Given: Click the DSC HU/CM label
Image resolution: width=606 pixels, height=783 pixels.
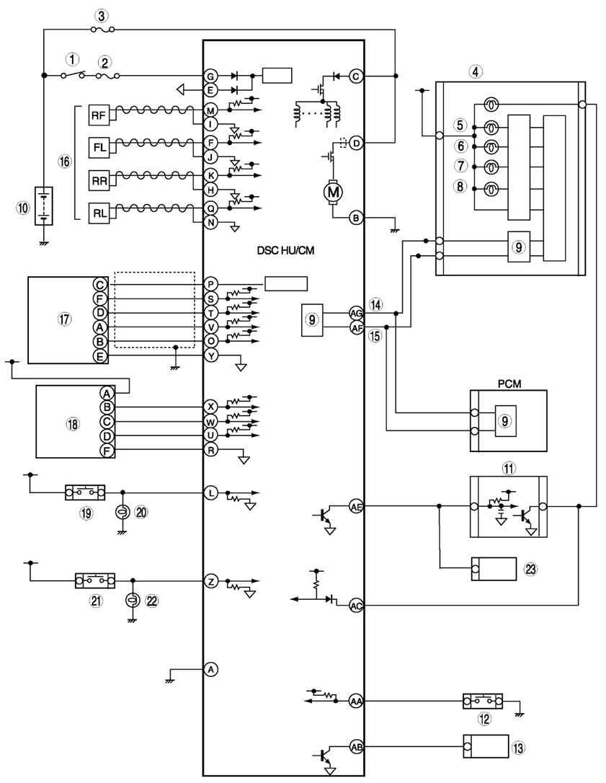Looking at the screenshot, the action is (x=285, y=250).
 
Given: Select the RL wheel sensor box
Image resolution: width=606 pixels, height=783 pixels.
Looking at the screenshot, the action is (x=99, y=213).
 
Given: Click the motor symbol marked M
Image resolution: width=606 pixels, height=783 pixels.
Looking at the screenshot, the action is (x=333, y=192).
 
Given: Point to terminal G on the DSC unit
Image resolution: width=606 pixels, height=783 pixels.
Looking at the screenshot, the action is (x=210, y=76).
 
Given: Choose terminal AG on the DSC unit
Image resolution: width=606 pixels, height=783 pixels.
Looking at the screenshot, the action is (x=357, y=313).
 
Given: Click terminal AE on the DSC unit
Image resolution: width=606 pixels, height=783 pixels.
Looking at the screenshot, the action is (x=357, y=505).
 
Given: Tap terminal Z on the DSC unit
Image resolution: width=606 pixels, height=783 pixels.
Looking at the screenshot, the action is (x=211, y=580).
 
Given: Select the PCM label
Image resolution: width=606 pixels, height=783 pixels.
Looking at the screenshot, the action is (x=509, y=384).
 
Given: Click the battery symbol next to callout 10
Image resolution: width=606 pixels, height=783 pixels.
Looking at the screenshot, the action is (x=43, y=206).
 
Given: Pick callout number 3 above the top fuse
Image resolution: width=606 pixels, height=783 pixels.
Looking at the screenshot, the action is (x=102, y=16).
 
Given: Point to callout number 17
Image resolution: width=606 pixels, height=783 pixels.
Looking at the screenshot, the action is (x=64, y=319).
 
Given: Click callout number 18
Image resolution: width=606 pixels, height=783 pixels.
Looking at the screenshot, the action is (x=73, y=424).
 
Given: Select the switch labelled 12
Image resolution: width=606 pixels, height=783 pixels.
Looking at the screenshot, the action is (x=483, y=701).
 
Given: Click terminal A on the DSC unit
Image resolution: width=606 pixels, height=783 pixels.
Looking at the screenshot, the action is (x=211, y=669).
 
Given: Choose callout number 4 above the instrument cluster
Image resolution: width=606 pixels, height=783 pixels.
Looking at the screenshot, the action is (x=475, y=71).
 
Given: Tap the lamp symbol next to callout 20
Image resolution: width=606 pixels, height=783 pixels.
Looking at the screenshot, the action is (x=122, y=513).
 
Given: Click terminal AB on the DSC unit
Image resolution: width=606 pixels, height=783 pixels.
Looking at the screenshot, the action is (x=357, y=747).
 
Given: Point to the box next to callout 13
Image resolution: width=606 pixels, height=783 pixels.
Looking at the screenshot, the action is (x=486, y=747).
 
